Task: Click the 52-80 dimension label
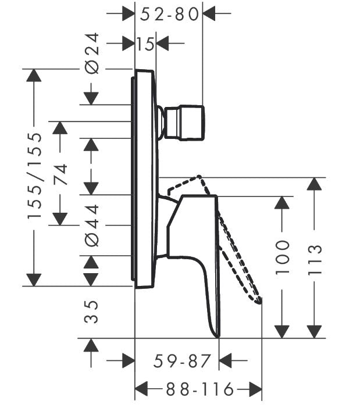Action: pyautogui.click(x=169, y=15)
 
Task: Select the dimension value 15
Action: pyautogui.click(x=145, y=44)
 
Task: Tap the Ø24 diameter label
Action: pyautogui.click(x=92, y=53)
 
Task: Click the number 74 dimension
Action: pyautogui.click(x=60, y=174)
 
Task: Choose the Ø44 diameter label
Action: pyautogui.click(x=92, y=226)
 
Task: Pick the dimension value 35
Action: pyautogui.click(x=91, y=312)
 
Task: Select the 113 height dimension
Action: pyautogui.click(x=315, y=259)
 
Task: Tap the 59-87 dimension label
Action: pyautogui.click(x=181, y=361)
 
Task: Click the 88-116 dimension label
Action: pyautogui.click(x=200, y=389)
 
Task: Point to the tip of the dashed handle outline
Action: pyautogui.click(x=258, y=302)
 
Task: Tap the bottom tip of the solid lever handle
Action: pyautogui.click(x=218, y=337)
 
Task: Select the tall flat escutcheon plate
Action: pyautogui.click(x=144, y=179)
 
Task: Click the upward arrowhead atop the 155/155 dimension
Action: pyautogui.click(x=34, y=76)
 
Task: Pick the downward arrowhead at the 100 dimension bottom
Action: pyautogui.click(x=282, y=332)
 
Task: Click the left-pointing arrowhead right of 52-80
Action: pyautogui.click(x=209, y=13)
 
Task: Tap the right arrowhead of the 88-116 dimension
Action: pyautogui.click(x=255, y=389)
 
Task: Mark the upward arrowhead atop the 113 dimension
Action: pyautogui.click(x=315, y=184)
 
